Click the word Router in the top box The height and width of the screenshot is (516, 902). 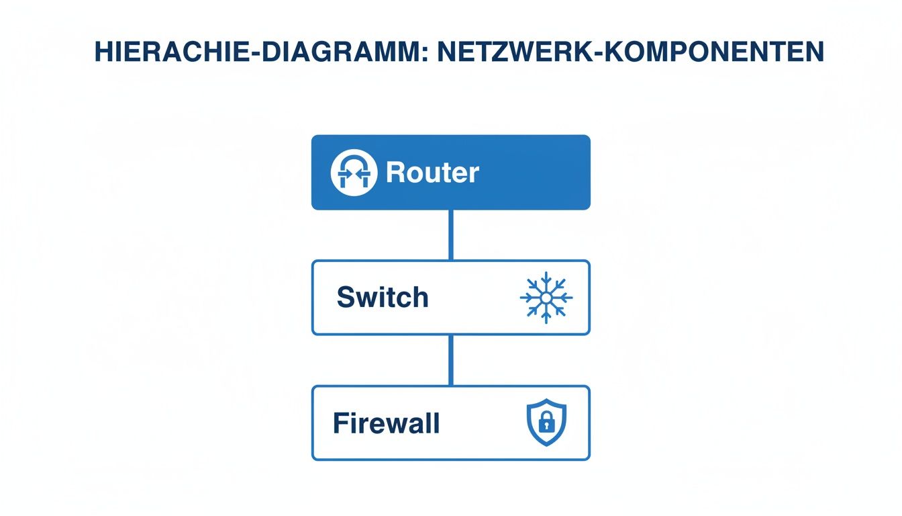coord(432,173)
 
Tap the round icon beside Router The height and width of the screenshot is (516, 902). coord(354,173)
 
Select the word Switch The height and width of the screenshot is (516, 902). coord(383,297)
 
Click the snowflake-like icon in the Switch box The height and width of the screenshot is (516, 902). coord(546,297)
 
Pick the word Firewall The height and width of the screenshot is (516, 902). coord(387,423)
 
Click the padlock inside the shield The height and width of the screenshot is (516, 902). coord(545,425)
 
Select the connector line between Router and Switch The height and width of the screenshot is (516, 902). coord(450,234)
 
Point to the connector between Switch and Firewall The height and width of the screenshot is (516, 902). coord(450,360)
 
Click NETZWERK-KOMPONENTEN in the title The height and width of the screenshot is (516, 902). coord(630,52)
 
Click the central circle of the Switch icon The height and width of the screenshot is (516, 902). coord(546,297)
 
